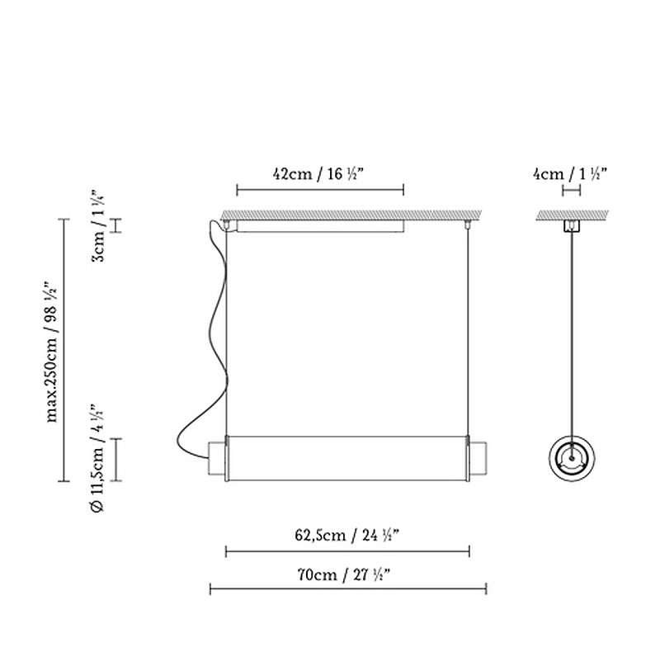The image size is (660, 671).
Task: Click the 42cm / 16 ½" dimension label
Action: [x=318, y=174]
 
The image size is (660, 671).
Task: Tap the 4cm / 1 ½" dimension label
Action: [x=570, y=174]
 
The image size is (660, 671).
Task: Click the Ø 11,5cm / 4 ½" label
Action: [x=97, y=459]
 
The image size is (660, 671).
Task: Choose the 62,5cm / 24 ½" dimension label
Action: [x=347, y=534]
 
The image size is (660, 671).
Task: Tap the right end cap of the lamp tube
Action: [x=478, y=459]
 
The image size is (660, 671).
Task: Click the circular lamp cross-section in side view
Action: [x=570, y=456]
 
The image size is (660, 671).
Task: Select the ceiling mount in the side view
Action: [x=570, y=227]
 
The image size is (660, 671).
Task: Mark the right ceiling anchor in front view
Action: [x=469, y=224]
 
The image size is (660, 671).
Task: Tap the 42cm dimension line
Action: [x=320, y=191]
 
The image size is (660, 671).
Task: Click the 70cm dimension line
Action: [x=347, y=588]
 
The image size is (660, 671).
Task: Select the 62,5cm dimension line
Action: [x=347, y=551]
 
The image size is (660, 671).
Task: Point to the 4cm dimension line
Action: [x=570, y=191]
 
